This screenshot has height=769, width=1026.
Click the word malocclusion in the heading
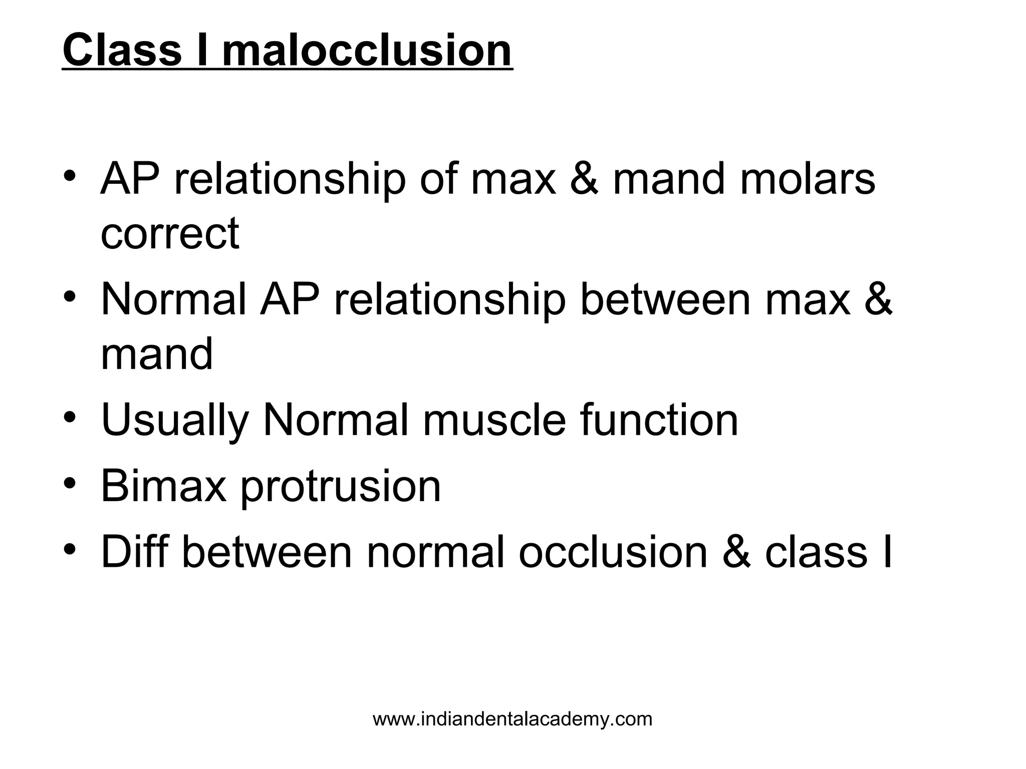click(x=367, y=50)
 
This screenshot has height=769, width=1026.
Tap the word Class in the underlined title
click(x=122, y=50)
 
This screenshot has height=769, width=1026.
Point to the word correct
click(x=170, y=233)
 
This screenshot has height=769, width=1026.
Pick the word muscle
click(x=494, y=421)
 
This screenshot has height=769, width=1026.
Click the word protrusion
click(x=341, y=487)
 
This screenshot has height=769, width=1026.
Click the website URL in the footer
click(x=512, y=719)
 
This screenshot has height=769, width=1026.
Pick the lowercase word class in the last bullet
click(x=816, y=552)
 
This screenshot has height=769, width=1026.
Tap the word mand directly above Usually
click(x=157, y=353)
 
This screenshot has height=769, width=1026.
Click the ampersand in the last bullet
click(x=737, y=552)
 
